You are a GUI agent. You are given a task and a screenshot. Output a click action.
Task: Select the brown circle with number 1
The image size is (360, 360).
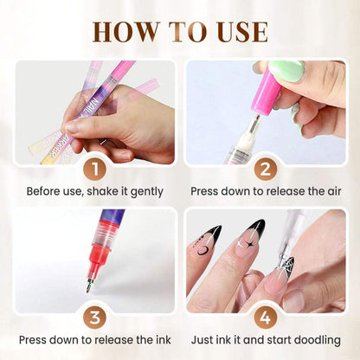[94, 167]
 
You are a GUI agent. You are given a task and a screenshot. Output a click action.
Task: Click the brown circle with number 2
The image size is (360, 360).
[265, 167]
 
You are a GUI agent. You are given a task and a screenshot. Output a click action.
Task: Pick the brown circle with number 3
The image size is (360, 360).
[94, 316]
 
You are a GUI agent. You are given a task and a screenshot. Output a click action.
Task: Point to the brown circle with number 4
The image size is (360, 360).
[265, 316]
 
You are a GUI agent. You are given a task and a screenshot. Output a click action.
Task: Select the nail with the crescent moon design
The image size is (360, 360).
[205, 243]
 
